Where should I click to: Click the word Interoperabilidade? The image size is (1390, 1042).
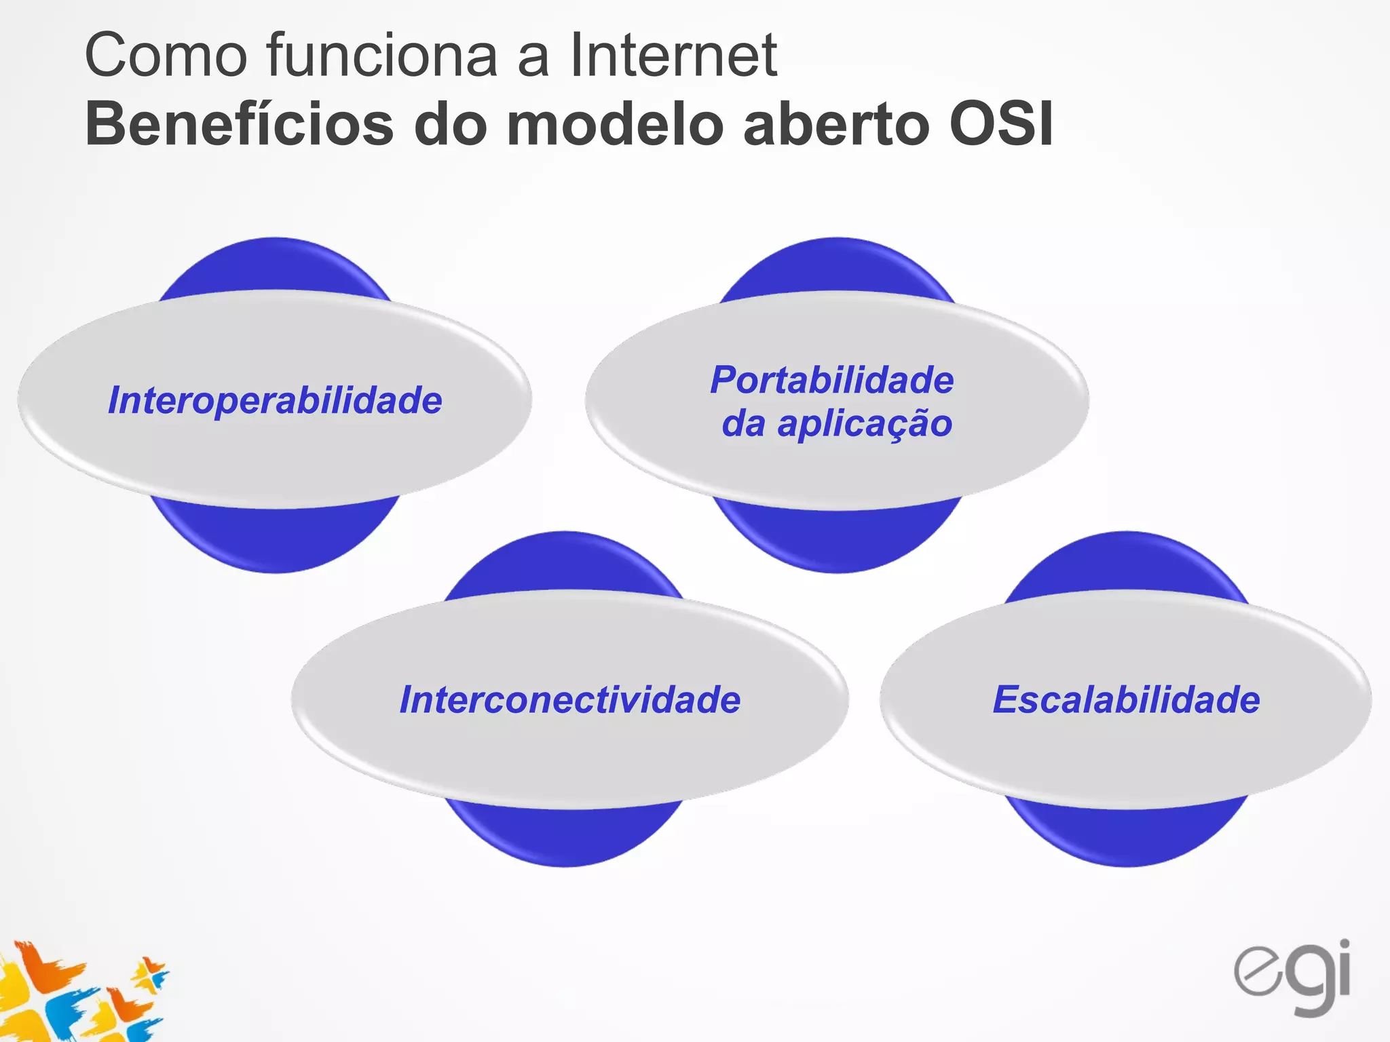(x=275, y=400)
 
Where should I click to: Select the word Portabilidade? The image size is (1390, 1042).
(x=832, y=380)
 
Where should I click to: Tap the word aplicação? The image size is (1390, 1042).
(x=865, y=425)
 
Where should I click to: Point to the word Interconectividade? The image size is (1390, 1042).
(x=570, y=699)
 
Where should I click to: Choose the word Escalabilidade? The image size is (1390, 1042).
(x=1126, y=699)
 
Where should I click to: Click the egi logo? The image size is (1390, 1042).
(x=1293, y=977)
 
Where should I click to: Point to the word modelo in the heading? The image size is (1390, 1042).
(x=615, y=125)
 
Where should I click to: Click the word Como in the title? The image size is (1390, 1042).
(x=166, y=56)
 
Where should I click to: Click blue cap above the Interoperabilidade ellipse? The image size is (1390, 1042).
(x=274, y=265)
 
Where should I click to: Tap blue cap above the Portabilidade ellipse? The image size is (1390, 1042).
(x=837, y=265)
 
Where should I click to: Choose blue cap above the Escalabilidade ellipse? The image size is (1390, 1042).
(x=1126, y=560)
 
